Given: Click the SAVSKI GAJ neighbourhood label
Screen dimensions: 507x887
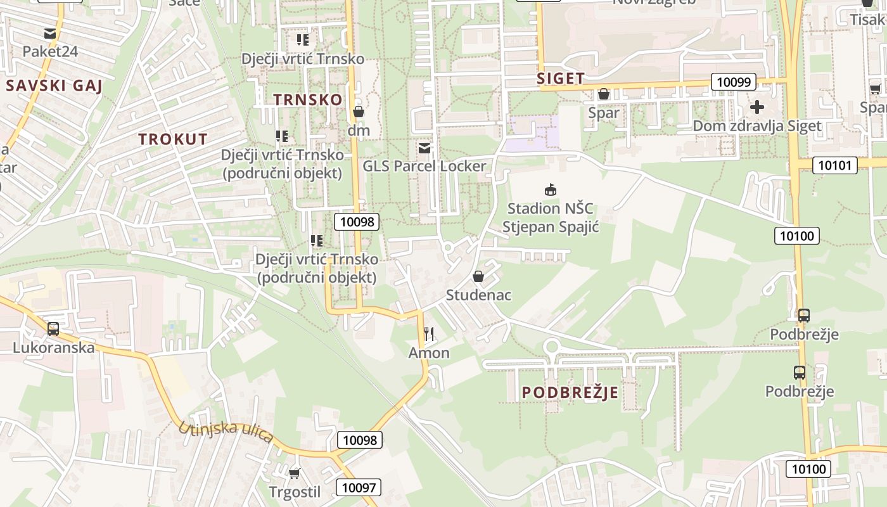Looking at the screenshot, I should [54, 86].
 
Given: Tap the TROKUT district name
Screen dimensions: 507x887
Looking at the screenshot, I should [173, 139].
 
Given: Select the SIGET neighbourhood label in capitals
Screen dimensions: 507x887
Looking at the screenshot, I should [561, 79].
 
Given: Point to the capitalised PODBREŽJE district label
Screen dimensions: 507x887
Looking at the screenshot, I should [570, 393].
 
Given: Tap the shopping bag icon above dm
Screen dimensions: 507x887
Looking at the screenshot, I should [359, 112].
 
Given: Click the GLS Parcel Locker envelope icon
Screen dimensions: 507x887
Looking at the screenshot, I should [424, 148].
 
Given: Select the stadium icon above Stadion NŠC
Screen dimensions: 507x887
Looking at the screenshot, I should [551, 189].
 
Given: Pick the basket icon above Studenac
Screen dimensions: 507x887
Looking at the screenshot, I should [478, 277].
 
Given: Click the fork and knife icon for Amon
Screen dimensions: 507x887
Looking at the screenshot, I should [429, 334].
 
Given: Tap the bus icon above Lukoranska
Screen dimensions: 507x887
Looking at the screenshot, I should [53, 329].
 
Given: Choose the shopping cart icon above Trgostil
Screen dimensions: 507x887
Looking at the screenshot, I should [294, 473].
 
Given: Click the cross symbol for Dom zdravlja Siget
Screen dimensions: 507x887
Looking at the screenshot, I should [756, 107].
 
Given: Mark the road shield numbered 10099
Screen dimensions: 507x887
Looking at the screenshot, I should [734, 82].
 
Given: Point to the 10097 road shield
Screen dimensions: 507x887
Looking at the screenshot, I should [359, 487].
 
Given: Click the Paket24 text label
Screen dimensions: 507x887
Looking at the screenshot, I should [50, 51].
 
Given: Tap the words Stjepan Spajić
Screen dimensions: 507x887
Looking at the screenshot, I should [551, 226].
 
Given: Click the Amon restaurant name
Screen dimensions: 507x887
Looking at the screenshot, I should [429, 353].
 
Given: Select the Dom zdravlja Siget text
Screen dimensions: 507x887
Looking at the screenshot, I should [756, 125].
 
